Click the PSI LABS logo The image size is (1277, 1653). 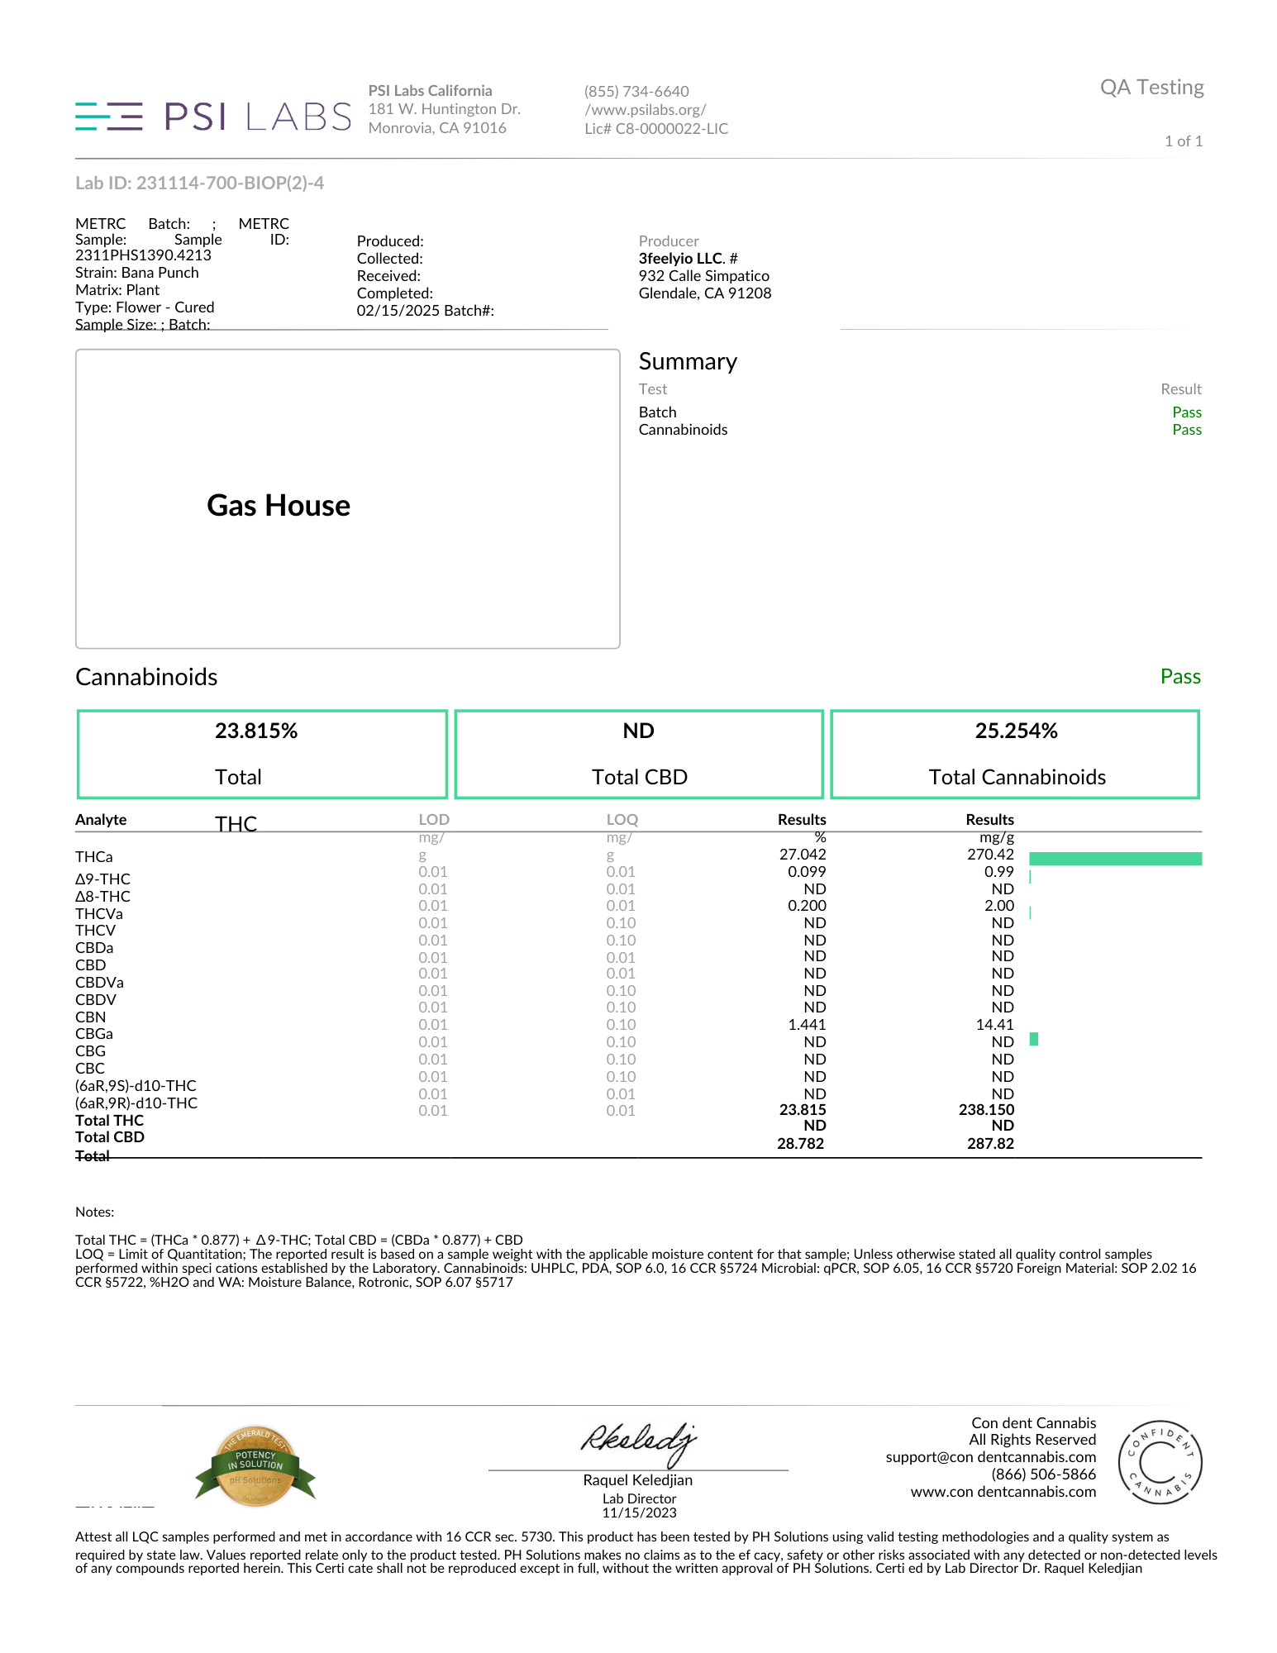[x=213, y=117]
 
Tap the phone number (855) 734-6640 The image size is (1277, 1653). [x=636, y=92]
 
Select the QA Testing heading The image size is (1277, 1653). [x=1151, y=88]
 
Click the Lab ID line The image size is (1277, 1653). [x=199, y=183]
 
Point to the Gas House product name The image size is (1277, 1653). [x=279, y=506]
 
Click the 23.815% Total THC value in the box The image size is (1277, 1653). [x=256, y=731]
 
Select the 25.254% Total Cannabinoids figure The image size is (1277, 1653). [x=1016, y=731]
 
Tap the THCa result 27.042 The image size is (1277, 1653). [x=802, y=855]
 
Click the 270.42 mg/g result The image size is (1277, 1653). [x=990, y=855]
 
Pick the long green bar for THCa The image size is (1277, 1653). [x=1115, y=859]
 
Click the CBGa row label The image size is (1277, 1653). [x=94, y=1034]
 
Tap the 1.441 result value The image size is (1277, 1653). [x=807, y=1025]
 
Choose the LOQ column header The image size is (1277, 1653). [x=622, y=820]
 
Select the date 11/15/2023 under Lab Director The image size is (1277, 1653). [x=639, y=1513]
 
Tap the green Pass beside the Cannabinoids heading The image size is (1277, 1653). [x=1179, y=677]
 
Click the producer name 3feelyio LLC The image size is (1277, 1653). [x=680, y=259]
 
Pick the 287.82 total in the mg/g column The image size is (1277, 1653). [x=990, y=1144]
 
